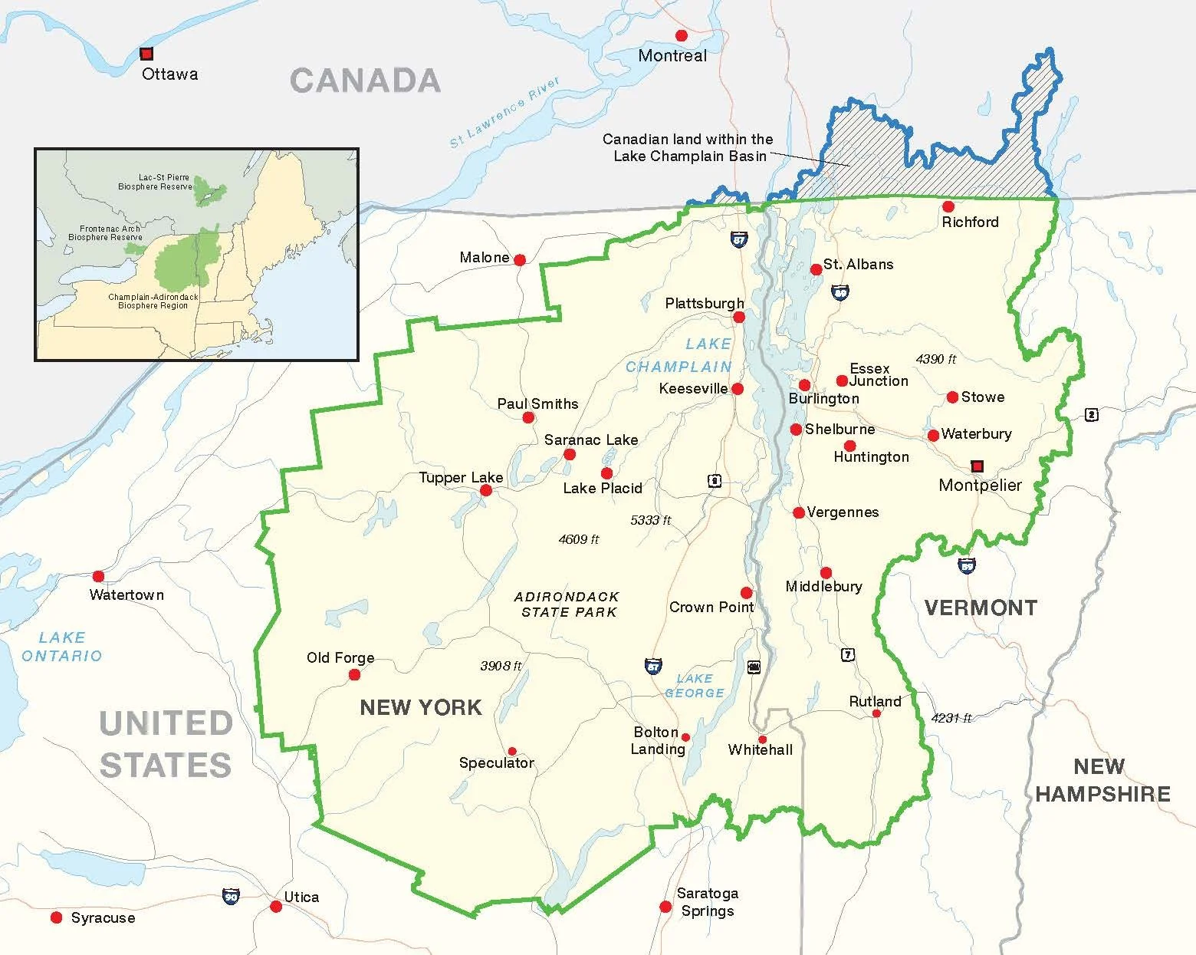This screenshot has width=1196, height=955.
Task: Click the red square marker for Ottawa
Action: point(146,54)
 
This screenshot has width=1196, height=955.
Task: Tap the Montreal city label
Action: point(672,55)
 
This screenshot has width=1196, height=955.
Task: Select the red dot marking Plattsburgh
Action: point(739,317)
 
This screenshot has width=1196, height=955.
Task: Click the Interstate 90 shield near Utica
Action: point(230,895)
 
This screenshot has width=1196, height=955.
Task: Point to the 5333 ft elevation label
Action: point(650,520)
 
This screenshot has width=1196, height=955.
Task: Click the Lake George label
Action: point(695,685)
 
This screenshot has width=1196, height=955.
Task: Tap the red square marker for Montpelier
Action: point(977,466)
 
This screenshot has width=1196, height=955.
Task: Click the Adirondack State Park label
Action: point(567,604)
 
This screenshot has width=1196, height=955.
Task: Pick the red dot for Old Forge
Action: point(354,675)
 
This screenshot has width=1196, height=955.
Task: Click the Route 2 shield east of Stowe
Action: point(1092,415)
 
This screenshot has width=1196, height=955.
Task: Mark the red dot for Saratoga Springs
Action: point(665,907)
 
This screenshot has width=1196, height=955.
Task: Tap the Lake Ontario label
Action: point(61,647)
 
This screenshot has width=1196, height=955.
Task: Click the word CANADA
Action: point(365,81)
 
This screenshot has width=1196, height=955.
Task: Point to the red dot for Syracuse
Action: point(56,917)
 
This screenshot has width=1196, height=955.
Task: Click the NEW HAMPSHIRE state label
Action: point(1102,779)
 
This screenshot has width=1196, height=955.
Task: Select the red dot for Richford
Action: point(948,206)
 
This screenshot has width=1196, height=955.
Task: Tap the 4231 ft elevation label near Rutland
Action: point(951,718)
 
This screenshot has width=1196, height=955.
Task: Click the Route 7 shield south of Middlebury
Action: point(847,655)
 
